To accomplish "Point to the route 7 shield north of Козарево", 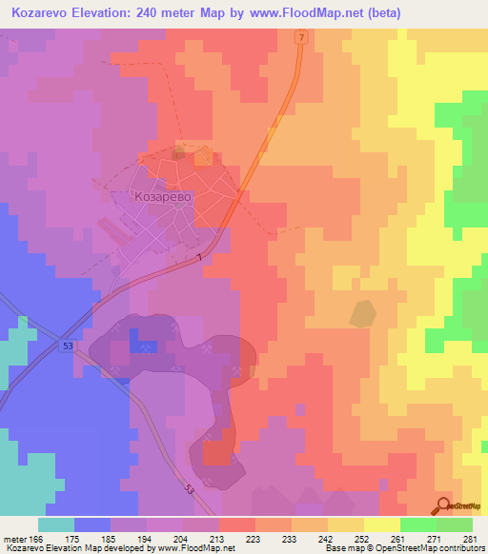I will [x=299, y=37].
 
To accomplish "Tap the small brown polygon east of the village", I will [x=362, y=312].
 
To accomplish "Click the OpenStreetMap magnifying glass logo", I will [x=441, y=505].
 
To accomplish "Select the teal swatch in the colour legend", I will [x=56, y=524].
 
